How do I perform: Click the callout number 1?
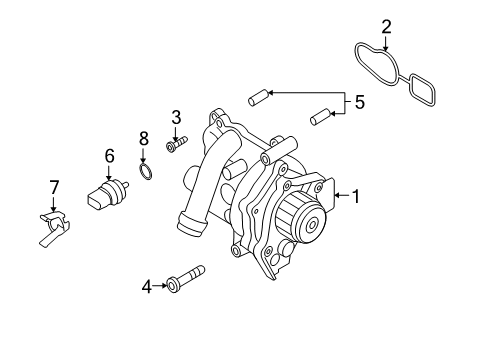click(356, 196)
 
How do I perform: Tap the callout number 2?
click(386, 27)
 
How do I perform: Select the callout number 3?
click(176, 117)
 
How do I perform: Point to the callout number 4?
click(147, 287)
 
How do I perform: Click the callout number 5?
click(359, 102)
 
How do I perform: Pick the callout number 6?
click(109, 156)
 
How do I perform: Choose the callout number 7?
click(54, 187)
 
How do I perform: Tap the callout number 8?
click(144, 138)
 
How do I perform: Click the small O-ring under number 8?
click(146, 171)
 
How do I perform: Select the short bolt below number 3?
click(176, 144)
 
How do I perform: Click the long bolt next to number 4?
click(186, 279)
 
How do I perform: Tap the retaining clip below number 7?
click(54, 229)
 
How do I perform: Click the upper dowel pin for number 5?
click(258, 98)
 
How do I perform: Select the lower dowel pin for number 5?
click(320, 117)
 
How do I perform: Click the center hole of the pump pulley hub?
click(312, 225)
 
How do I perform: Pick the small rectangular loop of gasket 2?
click(422, 90)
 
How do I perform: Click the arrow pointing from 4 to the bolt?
click(160, 286)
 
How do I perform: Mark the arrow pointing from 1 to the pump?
click(342, 195)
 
